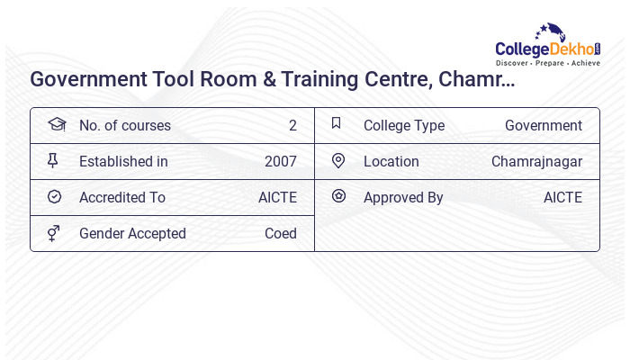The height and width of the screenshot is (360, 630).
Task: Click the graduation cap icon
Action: tap(56, 124)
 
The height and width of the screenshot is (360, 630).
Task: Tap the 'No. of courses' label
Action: tap(124, 125)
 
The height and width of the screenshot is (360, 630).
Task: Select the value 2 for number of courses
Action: tap(292, 125)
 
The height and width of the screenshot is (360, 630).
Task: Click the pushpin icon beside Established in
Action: tap(52, 160)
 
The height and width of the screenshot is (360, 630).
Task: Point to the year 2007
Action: tap(281, 161)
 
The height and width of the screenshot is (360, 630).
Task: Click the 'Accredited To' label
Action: tap(122, 197)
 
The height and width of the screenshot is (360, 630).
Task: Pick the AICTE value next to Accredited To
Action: tap(277, 197)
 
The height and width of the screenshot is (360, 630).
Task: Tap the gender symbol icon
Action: tap(53, 233)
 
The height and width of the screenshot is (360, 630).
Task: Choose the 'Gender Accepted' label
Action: tap(132, 233)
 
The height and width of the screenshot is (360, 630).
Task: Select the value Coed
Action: tap(281, 233)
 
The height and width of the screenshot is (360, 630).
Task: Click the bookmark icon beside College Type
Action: tap(337, 123)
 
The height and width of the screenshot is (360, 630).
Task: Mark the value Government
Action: tap(544, 125)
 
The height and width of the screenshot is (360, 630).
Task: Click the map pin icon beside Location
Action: tap(338, 160)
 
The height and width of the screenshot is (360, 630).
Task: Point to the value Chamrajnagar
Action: tap(536, 161)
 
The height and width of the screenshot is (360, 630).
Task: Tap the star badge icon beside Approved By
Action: tap(338, 195)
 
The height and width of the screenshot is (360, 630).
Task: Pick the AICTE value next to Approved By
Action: tap(562, 197)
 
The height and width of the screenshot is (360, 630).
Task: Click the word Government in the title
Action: tap(87, 79)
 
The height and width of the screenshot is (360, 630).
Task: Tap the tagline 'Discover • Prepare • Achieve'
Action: tap(548, 63)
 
